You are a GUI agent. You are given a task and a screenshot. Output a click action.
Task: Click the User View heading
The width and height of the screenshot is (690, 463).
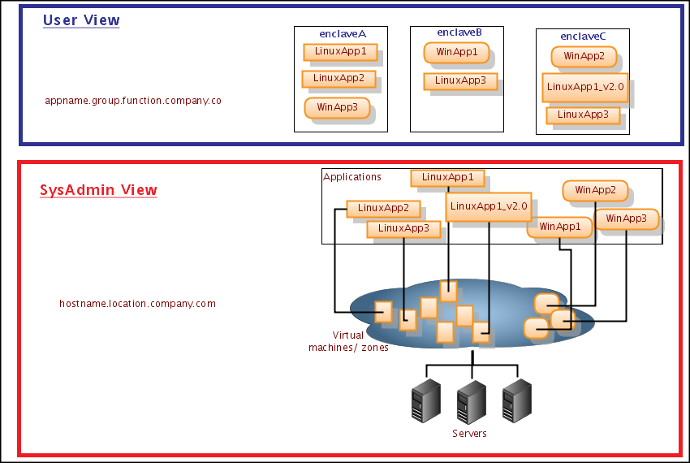pyautogui.click(x=81, y=20)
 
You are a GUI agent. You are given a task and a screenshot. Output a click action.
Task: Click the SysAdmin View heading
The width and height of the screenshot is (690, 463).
pyautogui.click(x=98, y=190)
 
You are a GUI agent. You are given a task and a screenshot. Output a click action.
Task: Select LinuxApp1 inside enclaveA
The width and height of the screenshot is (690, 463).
pyautogui.click(x=340, y=52)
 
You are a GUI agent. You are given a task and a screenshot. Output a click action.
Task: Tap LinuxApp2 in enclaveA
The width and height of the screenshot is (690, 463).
pyautogui.click(x=339, y=79)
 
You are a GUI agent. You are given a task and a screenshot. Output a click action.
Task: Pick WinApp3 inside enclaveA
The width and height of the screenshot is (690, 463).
pyautogui.click(x=337, y=106)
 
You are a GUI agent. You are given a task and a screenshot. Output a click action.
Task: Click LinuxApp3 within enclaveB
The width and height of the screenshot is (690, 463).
pyautogui.click(x=460, y=80)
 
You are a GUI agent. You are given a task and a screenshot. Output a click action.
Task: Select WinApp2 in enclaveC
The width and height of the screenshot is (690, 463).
pyautogui.click(x=584, y=56)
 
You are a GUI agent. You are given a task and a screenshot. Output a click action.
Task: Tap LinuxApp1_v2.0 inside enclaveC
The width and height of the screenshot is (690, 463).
pyautogui.click(x=585, y=87)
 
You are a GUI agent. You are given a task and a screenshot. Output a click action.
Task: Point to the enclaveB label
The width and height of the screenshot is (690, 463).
pyautogui.click(x=459, y=32)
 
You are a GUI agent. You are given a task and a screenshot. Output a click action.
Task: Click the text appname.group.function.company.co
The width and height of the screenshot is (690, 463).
pyautogui.click(x=133, y=102)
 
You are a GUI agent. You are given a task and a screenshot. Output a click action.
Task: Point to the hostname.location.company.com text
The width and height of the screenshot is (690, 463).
pyautogui.click(x=137, y=304)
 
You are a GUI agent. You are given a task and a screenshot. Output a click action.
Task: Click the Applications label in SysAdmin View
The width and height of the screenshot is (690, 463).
pyautogui.click(x=352, y=176)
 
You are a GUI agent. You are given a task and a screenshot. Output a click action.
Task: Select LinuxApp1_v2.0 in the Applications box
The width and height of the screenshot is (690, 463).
pyautogui.click(x=489, y=206)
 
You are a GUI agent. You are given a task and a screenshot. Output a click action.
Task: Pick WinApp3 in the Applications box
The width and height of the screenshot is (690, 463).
pyautogui.click(x=626, y=219)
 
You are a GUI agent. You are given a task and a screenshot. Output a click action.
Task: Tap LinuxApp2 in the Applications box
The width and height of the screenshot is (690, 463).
pyautogui.click(x=383, y=209)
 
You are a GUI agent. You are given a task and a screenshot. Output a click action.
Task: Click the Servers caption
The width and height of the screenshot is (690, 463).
pyautogui.click(x=469, y=434)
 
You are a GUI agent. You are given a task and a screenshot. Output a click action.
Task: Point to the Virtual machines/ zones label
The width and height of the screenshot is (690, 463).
pyautogui.click(x=348, y=341)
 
